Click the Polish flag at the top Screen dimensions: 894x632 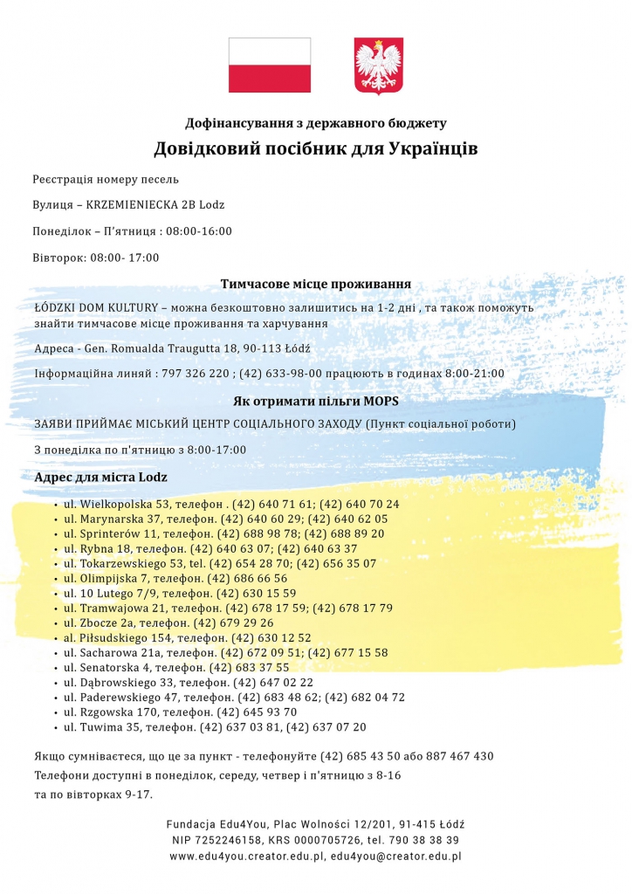(x=269, y=65)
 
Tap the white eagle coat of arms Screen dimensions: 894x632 (x=378, y=65)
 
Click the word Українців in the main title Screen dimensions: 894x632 (x=432, y=148)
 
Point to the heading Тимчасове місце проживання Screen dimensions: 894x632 (x=316, y=284)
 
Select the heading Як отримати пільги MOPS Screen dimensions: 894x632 (x=316, y=402)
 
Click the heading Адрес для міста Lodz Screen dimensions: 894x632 (x=100, y=478)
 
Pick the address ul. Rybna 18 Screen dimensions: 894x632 (x=101, y=549)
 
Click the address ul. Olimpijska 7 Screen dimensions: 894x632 (x=111, y=579)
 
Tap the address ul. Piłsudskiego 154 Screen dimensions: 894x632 (x=119, y=638)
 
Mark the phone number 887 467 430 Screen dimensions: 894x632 (x=460, y=756)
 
